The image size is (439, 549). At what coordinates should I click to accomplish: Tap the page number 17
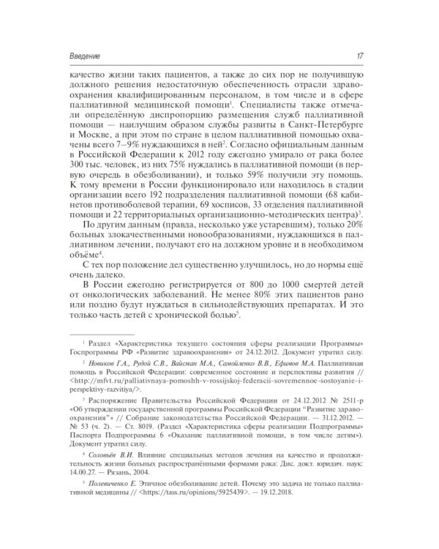coord(371,56)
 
